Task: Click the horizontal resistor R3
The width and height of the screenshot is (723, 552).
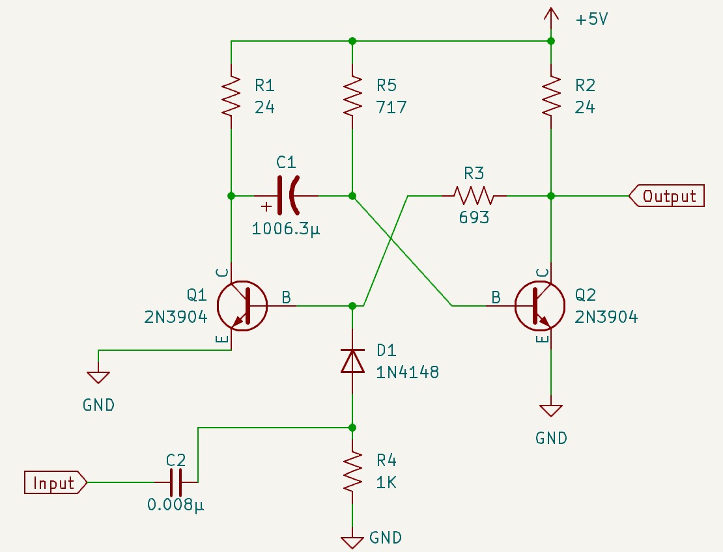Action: pos(474,195)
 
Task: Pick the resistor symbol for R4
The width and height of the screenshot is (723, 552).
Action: pos(352,473)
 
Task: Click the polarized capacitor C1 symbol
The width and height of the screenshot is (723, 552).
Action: pos(287,195)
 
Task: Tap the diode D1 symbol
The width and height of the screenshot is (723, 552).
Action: pos(352,361)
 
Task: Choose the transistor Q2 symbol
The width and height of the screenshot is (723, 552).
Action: pos(539,305)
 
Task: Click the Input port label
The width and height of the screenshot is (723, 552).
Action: pos(55,483)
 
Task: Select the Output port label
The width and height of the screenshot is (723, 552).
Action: pos(668,195)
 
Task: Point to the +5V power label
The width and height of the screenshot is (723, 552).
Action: pos(591,20)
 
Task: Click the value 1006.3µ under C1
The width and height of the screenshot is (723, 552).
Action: pos(286,229)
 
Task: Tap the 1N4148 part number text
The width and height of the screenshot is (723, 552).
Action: pos(407,373)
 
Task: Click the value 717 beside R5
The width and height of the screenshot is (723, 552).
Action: pos(391,107)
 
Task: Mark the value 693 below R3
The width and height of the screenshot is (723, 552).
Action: pos(474,218)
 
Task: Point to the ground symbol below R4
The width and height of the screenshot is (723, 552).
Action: pos(352,540)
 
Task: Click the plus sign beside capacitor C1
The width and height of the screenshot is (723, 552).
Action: pos(266,207)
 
